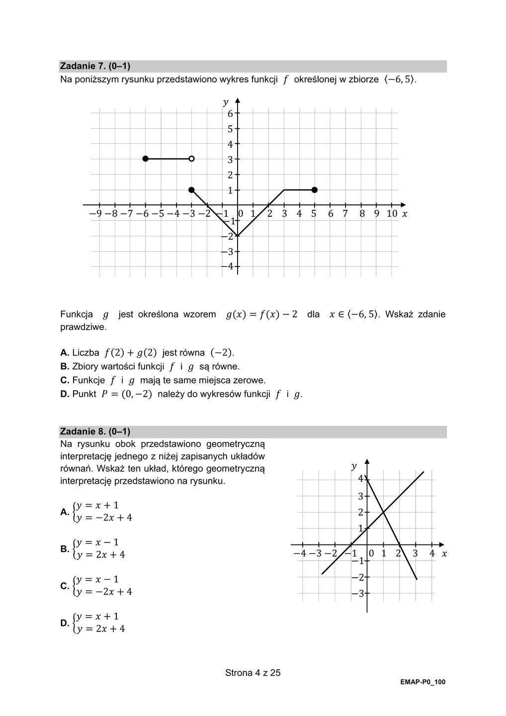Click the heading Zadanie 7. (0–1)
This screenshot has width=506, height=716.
(x=95, y=66)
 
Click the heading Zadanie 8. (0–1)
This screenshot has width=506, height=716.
(x=95, y=432)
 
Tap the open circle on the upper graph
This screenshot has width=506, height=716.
(x=191, y=159)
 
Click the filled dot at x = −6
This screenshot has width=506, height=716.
(x=145, y=159)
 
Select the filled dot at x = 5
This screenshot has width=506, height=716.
(x=314, y=189)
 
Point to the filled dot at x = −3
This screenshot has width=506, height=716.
(x=191, y=189)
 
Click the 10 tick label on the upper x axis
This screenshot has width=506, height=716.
(x=392, y=214)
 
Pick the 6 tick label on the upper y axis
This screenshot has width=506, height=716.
(x=230, y=113)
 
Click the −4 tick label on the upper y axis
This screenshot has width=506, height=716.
(x=228, y=267)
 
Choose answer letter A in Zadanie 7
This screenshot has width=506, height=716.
(x=65, y=353)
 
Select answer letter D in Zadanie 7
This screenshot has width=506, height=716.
(x=65, y=394)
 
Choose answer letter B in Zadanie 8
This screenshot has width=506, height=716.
(x=65, y=549)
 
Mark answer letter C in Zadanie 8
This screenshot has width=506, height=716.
(x=65, y=586)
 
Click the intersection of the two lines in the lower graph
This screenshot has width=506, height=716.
(x=383, y=512)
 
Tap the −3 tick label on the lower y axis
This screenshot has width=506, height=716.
(x=358, y=594)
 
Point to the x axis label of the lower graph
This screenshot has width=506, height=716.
(x=444, y=553)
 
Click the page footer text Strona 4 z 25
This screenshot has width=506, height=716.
(x=253, y=673)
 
